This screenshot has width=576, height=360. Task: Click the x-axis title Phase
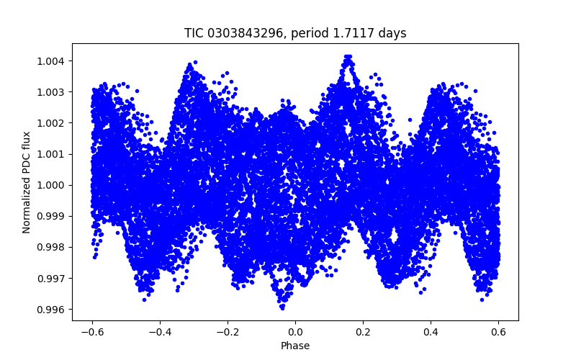(295, 346)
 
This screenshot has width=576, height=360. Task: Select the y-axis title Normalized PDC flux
(27, 181)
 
